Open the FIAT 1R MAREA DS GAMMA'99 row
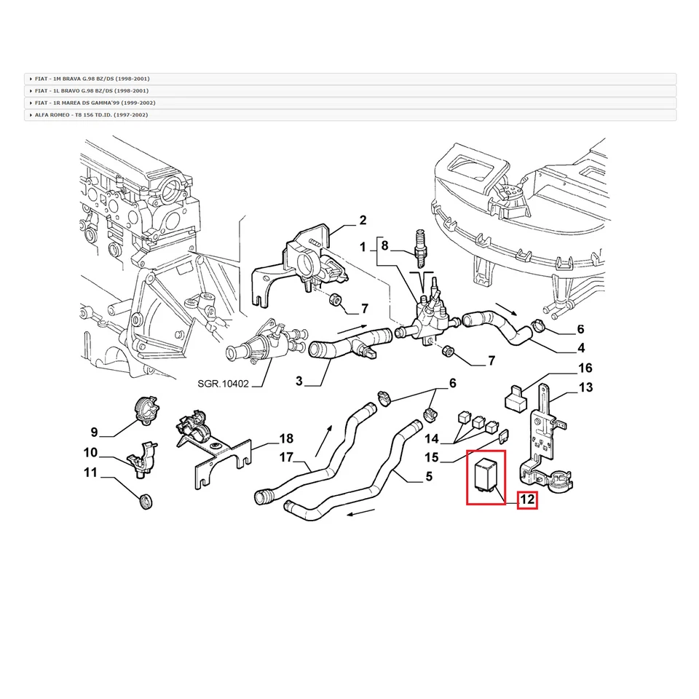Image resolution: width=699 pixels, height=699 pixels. point(95,103)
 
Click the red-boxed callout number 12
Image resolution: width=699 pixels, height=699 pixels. point(527,500)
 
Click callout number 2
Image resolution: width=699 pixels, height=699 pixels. point(362,221)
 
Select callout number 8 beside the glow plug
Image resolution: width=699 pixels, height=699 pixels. point(386,245)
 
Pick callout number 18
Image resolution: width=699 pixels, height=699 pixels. point(286,438)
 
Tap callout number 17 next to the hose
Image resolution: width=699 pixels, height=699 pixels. point(286,458)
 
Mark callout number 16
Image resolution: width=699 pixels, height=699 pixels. point(585,368)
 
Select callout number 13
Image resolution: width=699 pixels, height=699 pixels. point(585,387)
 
